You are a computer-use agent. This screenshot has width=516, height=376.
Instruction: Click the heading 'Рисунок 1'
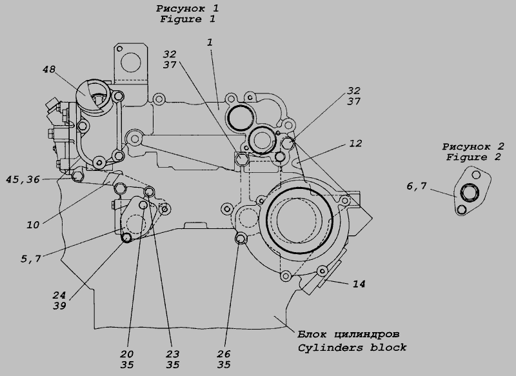coord(188,9)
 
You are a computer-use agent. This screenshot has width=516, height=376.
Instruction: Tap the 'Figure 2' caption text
coord(473,157)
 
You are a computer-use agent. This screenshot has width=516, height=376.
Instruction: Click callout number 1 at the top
coord(210,42)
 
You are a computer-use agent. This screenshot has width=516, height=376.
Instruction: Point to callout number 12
coord(355,144)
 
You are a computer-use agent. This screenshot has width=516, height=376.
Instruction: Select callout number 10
coord(34,224)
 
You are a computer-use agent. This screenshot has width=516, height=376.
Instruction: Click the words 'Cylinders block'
coord(352,348)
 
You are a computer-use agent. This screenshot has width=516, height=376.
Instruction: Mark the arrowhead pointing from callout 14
coord(324,281)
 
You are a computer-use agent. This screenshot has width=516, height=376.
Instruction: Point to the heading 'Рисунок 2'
coord(473,146)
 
